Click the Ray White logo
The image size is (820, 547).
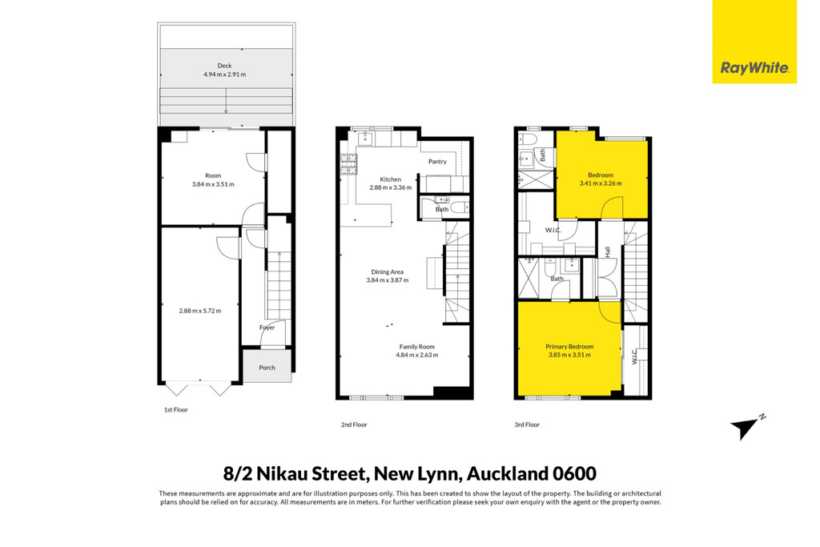pyautogui.click(x=754, y=42)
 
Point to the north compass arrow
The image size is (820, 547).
pyautogui.click(x=747, y=428)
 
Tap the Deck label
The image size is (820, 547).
pyautogui.click(x=224, y=66)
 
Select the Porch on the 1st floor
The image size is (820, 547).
pyautogui.click(x=267, y=365)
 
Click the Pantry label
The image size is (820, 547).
pyautogui.click(x=437, y=162)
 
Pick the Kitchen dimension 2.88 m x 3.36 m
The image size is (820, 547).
pyautogui.click(x=390, y=187)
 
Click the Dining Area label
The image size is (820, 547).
pyautogui.click(x=387, y=272)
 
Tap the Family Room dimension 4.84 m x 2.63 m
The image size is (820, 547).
pyautogui.click(x=416, y=355)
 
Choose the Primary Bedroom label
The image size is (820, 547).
pyautogui.click(x=569, y=347)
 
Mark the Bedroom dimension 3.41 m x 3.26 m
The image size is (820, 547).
pyautogui.click(x=601, y=183)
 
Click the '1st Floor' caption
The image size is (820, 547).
pyautogui.click(x=175, y=410)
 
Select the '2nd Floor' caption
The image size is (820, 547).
pyautogui.click(x=354, y=424)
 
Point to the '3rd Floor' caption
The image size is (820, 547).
pyautogui.click(x=527, y=424)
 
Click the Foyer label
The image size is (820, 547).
pyautogui.click(x=267, y=328)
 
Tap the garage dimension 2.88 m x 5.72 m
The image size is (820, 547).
pyautogui.click(x=199, y=311)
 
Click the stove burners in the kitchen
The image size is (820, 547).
pyautogui.click(x=349, y=164)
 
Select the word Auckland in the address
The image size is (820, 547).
pyautogui.click(x=507, y=474)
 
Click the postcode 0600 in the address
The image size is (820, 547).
pyautogui.click(x=575, y=474)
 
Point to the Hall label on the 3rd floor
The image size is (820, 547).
pyautogui.click(x=608, y=251)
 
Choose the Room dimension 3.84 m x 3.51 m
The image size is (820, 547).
pyautogui.click(x=213, y=184)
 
